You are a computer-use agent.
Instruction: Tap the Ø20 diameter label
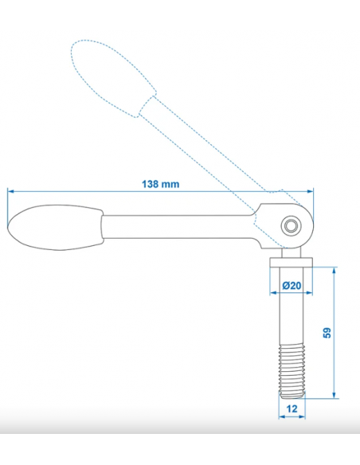pos(291,285)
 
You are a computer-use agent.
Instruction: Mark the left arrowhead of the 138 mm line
pos(11,191)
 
